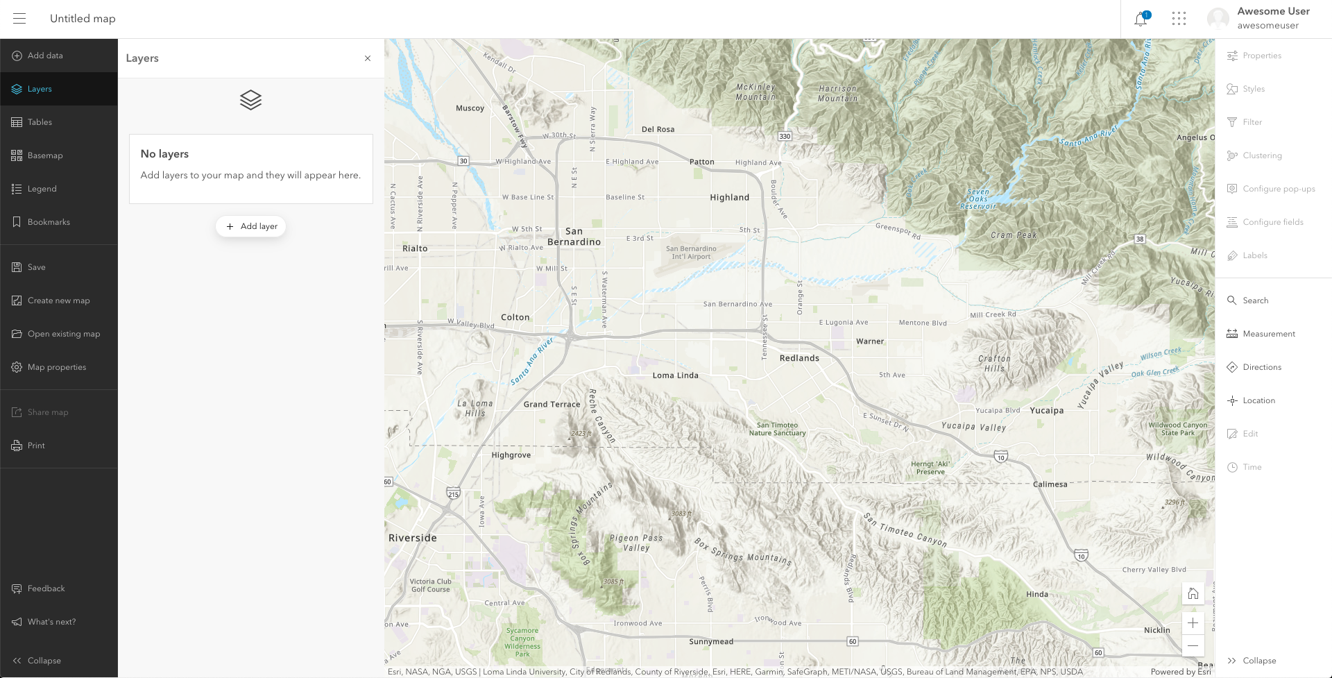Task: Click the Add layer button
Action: (x=250, y=226)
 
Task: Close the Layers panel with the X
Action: (x=368, y=58)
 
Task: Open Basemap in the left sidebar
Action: (x=45, y=155)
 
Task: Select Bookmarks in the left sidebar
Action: (x=49, y=222)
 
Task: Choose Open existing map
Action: (x=63, y=334)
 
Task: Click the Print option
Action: (x=36, y=446)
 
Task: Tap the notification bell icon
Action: (x=1141, y=19)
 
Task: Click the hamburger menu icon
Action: (x=19, y=19)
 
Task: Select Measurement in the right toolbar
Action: (x=1268, y=334)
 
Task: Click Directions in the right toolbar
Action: (x=1261, y=367)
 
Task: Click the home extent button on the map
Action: (x=1193, y=593)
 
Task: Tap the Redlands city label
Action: (x=799, y=358)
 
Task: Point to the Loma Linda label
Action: (x=675, y=375)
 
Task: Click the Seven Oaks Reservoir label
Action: (x=978, y=199)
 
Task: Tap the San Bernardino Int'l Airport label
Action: (x=691, y=253)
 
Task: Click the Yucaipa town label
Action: (x=1046, y=410)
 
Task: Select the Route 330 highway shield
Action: (x=785, y=136)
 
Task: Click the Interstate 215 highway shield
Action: (x=453, y=493)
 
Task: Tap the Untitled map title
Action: (x=83, y=19)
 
